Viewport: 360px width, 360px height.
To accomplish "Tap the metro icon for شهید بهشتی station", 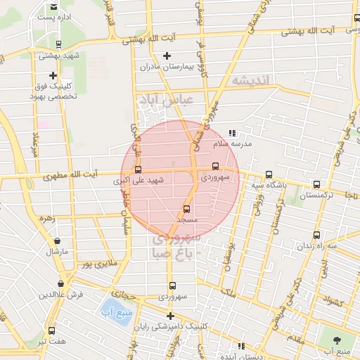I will (58, 44).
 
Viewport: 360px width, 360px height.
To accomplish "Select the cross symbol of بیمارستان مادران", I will (167, 56).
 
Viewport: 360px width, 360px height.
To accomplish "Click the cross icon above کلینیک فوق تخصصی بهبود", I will (53, 75).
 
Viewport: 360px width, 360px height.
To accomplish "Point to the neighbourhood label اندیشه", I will (251, 81).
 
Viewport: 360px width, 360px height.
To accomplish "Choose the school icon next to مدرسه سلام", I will (233, 133).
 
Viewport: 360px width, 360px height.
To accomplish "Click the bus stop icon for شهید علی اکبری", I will (137, 169).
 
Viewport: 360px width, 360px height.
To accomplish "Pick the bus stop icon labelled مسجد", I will (186, 209).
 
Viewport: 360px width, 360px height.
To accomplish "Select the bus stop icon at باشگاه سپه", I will (269, 175).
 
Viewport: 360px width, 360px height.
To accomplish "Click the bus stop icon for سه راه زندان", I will (316, 235).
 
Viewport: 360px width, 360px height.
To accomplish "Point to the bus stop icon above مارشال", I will (56, 239).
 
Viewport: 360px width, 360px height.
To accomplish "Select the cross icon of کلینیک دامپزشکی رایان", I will (169, 316).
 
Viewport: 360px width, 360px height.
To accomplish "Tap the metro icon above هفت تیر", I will (51, 330).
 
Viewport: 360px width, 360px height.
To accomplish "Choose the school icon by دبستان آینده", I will (241, 346).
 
